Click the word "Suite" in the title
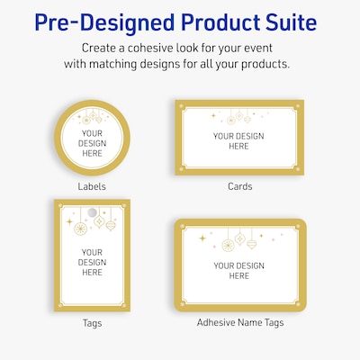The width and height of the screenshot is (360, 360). pos(287,22)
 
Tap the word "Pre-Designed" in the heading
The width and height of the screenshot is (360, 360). pos(104,22)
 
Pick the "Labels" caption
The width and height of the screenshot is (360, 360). pos(92,186)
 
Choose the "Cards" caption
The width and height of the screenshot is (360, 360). pos(240,186)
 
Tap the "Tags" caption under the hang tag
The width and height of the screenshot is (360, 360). pos(92,323)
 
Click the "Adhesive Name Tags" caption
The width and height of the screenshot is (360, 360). pos(240,322)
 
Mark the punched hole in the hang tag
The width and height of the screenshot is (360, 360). pos(92,212)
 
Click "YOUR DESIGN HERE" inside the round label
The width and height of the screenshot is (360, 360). pos(92,143)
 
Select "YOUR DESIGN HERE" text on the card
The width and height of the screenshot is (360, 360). pos(238,141)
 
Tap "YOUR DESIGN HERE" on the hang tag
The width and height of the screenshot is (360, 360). pos(92,263)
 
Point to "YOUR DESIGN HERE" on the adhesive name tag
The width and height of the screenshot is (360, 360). pos(239,271)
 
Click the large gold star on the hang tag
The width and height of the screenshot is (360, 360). pos(69,222)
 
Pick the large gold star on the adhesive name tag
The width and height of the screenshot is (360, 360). pos(202,238)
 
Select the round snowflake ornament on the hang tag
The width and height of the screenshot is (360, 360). pos(80,229)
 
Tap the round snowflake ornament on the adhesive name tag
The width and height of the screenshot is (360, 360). pos(228,245)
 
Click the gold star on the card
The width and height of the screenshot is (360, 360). pos(213,115)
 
